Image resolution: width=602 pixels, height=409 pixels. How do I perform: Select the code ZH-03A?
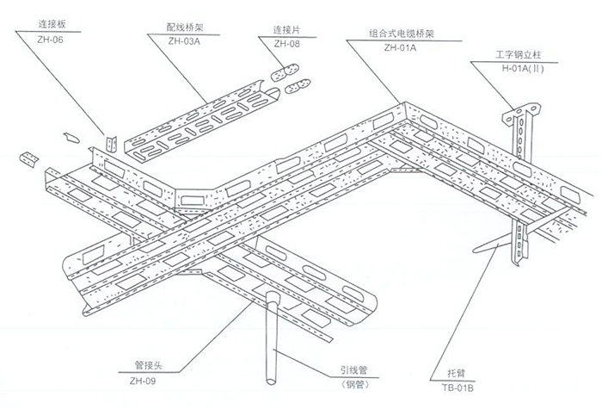click(x=185, y=40)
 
